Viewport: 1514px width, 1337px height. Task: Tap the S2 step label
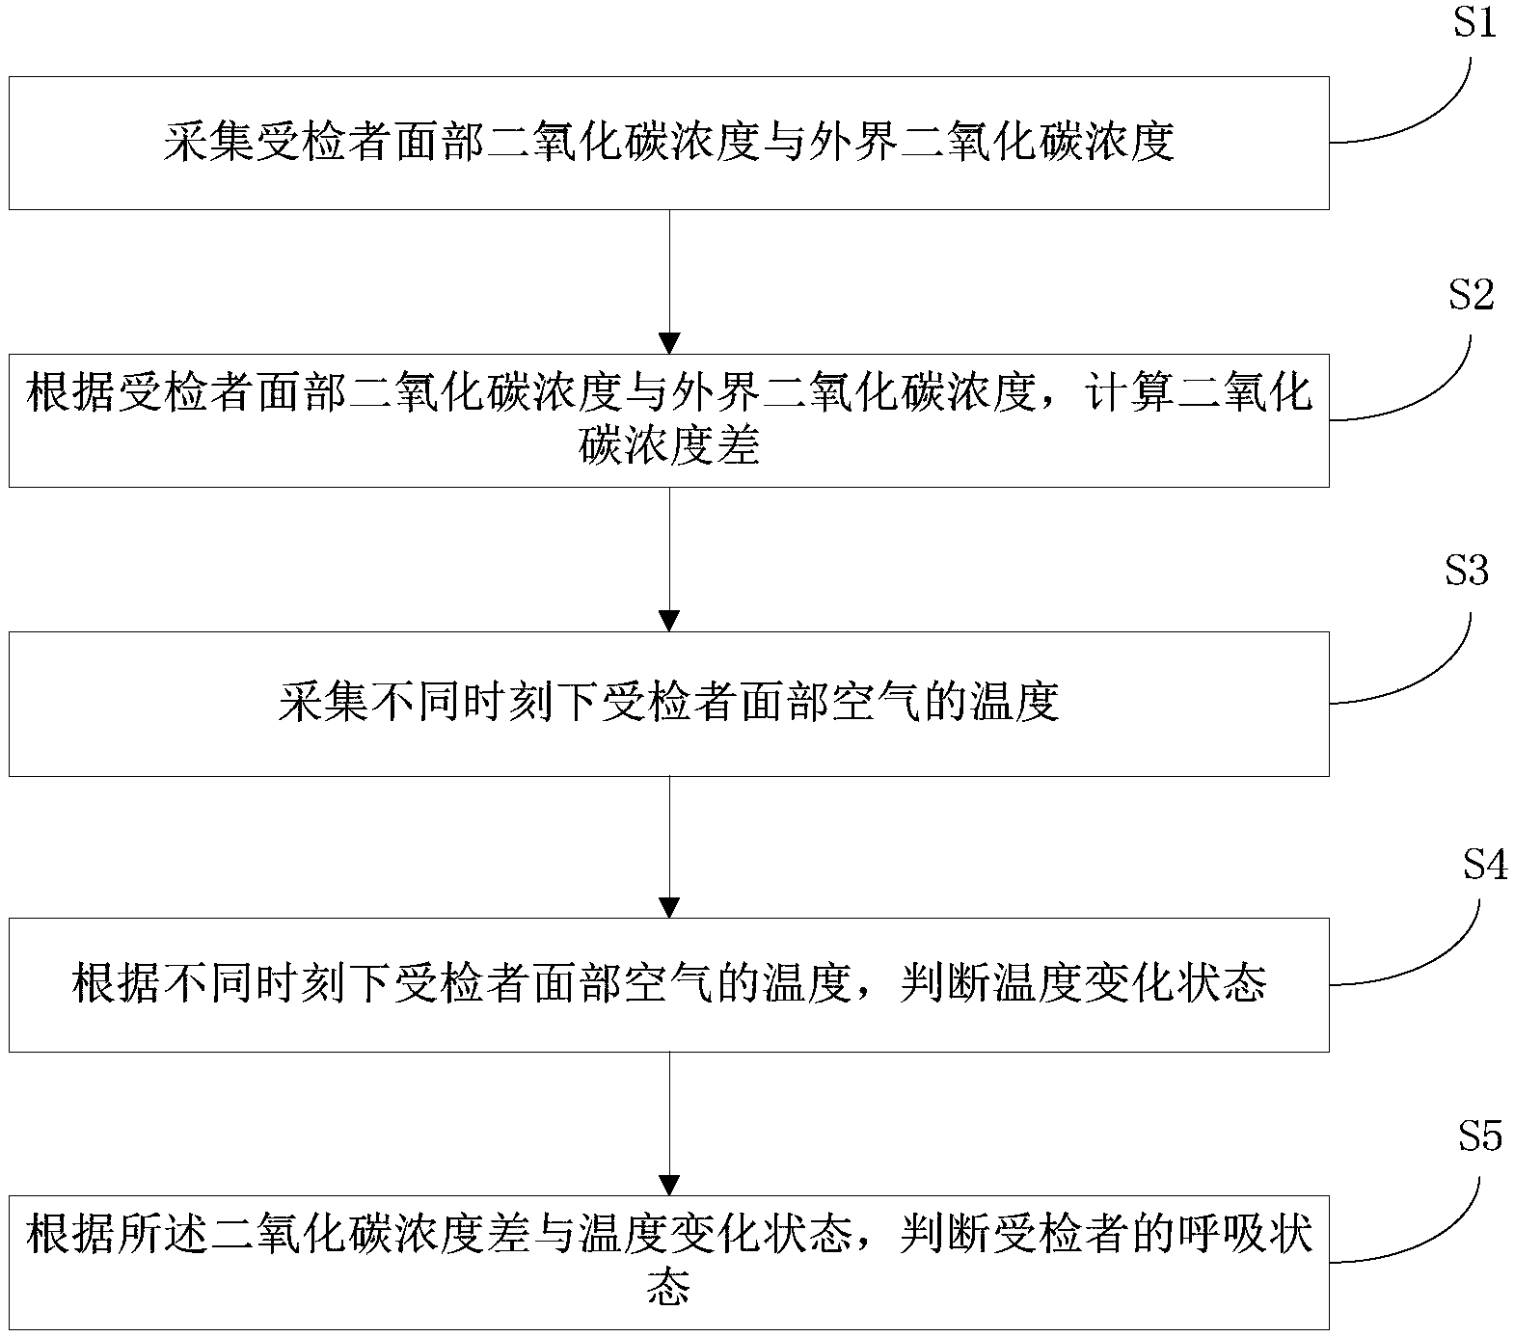click(x=1472, y=296)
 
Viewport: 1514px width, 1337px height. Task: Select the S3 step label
click(x=1467, y=571)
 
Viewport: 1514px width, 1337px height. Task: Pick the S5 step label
click(x=1479, y=1137)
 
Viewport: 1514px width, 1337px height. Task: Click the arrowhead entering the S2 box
click(x=669, y=343)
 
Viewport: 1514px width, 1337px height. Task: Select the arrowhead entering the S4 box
click(x=669, y=907)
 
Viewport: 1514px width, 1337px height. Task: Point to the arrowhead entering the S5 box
click(x=669, y=1185)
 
